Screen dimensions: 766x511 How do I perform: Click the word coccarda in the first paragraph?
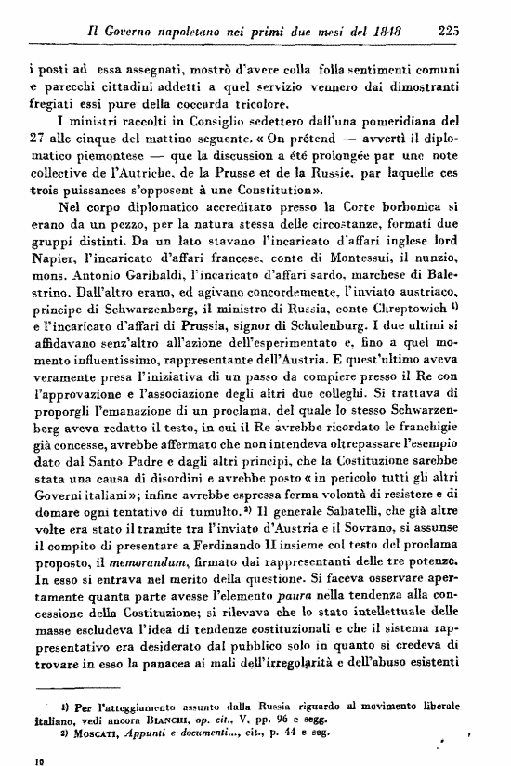click(212, 103)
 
